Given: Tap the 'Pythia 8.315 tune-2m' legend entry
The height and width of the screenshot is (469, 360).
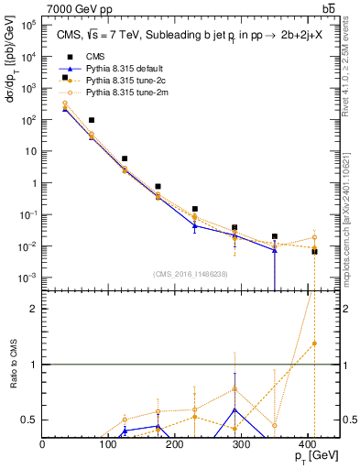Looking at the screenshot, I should [113, 93].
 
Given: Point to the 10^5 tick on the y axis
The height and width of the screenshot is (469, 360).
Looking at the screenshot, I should [29, 25].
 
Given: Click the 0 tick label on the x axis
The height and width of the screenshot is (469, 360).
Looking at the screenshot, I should [43, 443].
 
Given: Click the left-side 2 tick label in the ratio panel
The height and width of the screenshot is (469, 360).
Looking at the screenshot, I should [34, 309].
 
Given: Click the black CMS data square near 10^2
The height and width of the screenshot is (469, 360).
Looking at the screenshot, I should [92, 120].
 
